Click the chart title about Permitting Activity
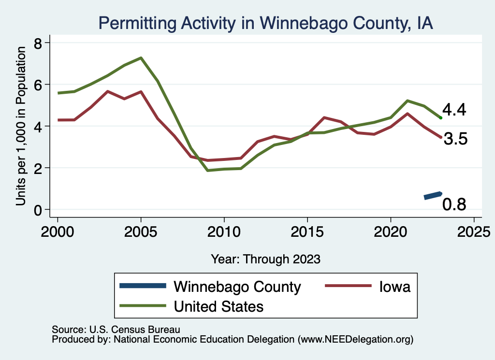click(265, 23)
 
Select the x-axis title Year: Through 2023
click(265, 259)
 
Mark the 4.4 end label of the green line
click(454, 110)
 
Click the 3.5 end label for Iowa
click(455, 140)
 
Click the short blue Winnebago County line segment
click(433, 195)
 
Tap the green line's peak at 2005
click(141, 58)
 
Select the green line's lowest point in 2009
click(207, 170)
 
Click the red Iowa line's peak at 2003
click(107, 91)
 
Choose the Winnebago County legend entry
click(237, 287)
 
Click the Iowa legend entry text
click(394, 287)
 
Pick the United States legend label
click(218, 306)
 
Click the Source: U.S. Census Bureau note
click(116, 330)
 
